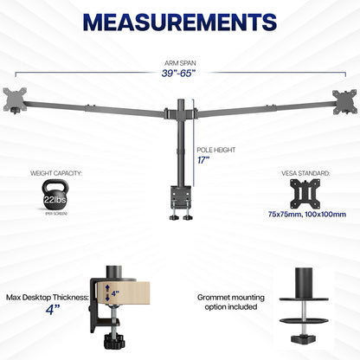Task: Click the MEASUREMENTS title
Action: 179,20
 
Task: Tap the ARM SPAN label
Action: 179,61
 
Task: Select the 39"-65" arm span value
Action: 179,74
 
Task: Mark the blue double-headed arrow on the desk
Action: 108,292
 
